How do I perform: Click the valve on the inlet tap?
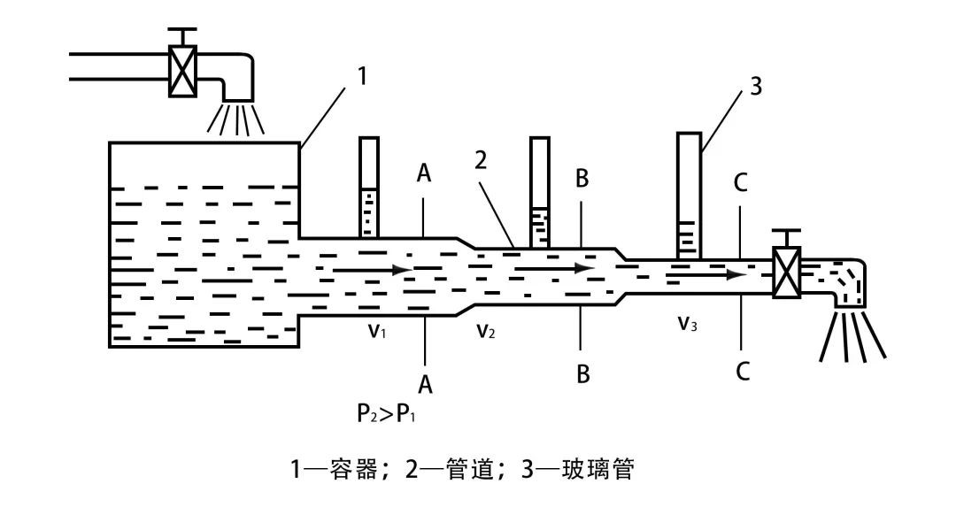pyautogui.click(x=182, y=69)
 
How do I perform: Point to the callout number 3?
pyautogui.click(x=754, y=86)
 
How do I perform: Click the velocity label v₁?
pyautogui.click(x=376, y=330)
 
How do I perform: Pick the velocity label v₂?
pyautogui.click(x=485, y=330)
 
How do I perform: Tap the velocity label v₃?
pyautogui.click(x=688, y=324)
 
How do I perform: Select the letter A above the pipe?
pyautogui.click(x=424, y=174)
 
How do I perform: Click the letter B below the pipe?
pyautogui.click(x=582, y=374)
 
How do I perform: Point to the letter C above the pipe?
pyautogui.click(x=741, y=183)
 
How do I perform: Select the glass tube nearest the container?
pyautogui.click(x=369, y=188)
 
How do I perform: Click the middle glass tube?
pyautogui.click(x=539, y=191)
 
